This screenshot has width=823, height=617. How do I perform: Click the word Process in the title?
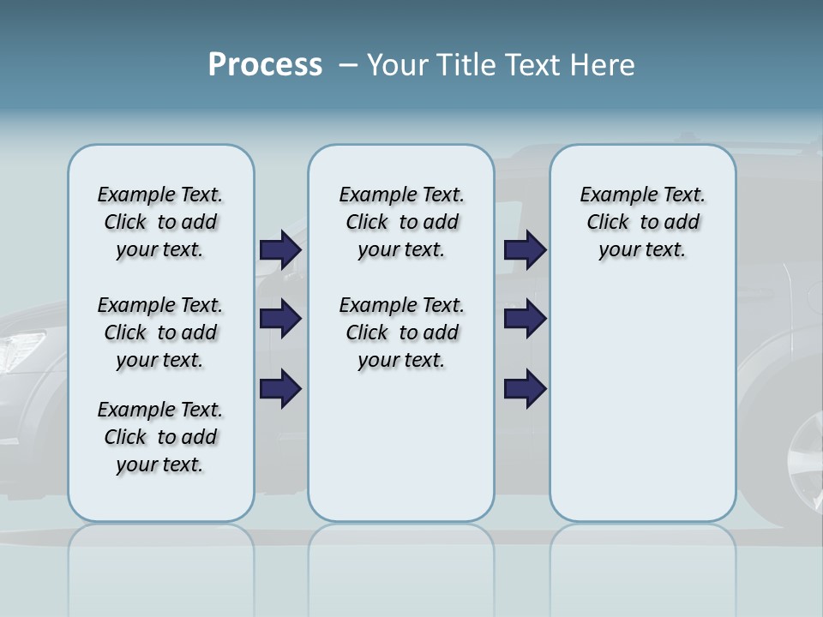tap(265, 65)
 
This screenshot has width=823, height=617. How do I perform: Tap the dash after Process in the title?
tap(348, 65)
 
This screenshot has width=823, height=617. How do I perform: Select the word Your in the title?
tap(398, 65)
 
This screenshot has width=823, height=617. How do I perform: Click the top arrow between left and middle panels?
tap(280, 250)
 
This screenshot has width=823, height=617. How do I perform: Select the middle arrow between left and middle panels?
tap(280, 319)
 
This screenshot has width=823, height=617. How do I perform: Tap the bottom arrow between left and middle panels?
tap(280, 389)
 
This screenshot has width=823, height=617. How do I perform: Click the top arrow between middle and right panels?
tap(525, 250)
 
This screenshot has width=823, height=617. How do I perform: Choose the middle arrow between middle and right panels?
tap(525, 319)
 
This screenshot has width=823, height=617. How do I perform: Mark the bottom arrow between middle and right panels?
tap(525, 389)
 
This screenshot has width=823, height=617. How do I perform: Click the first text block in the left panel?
tap(160, 222)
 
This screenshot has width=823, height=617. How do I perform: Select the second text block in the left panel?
tap(160, 332)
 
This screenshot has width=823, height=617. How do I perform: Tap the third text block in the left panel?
tap(160, 437)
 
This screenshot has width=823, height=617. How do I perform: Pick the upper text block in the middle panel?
tap(401, 222)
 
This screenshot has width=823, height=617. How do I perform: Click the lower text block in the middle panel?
tap(401, 332)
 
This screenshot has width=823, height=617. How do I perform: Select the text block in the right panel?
tap(642, 222)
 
